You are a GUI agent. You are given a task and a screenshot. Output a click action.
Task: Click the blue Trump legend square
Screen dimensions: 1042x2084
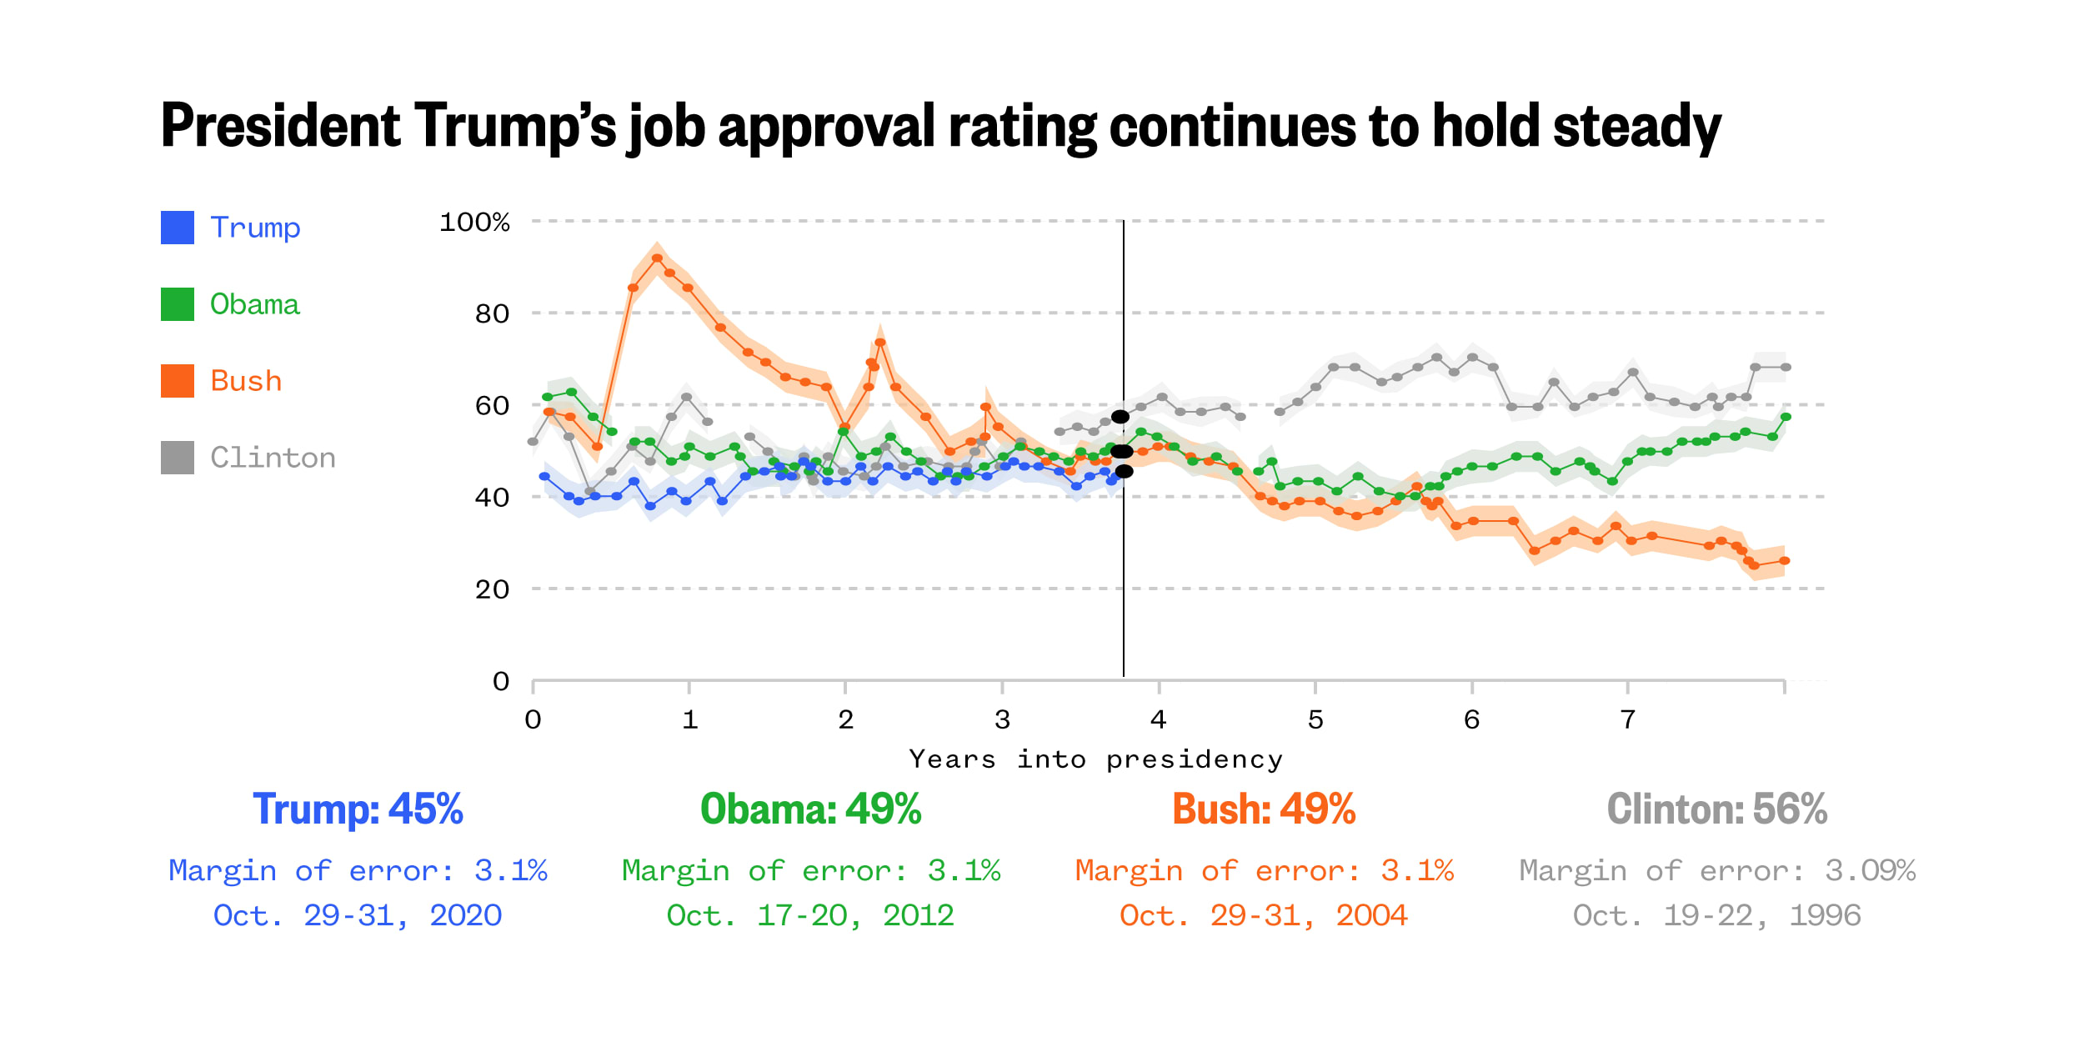point(177,228)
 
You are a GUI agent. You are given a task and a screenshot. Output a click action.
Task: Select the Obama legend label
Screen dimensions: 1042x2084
point(254,304)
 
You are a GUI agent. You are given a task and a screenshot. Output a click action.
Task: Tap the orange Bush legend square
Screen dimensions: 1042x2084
point(177,381)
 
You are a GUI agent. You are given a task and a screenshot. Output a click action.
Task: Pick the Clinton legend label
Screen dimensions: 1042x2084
point(273,458)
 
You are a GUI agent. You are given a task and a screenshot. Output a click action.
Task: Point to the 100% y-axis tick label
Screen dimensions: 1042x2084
point(474,222)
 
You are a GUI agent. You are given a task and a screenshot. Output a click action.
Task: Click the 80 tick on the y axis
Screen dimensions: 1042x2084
point(492,314)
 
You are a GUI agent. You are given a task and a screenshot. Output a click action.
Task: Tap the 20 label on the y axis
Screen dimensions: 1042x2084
point(492,589)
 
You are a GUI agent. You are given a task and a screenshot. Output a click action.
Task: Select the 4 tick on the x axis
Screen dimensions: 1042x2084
point(1158,719)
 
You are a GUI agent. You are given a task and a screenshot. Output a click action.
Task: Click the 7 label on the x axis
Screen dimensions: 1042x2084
point(1627,719)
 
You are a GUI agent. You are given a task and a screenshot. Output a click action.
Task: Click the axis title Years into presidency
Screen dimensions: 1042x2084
point(1095,759)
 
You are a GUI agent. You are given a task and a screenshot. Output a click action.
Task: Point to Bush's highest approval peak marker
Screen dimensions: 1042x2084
point(657,258)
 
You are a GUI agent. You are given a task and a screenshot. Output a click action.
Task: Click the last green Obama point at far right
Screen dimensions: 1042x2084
point(1786,417)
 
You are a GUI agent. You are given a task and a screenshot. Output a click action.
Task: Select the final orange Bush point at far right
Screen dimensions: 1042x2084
point(1784,561)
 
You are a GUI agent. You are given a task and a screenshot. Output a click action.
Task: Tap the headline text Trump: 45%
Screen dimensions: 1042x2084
point(358,809)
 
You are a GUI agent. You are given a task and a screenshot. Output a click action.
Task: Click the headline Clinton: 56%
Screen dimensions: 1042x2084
point(1716,809)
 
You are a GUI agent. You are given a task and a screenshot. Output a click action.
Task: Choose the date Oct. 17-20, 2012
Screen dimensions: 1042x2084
point(810,915)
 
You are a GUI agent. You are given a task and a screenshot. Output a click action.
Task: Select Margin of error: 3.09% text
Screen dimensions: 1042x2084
point(1716,870)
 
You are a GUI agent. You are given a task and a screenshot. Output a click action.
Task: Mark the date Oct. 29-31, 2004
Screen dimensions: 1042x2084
point(1263,915)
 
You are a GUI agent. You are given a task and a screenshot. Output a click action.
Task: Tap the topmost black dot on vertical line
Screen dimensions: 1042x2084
point(1120,417)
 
